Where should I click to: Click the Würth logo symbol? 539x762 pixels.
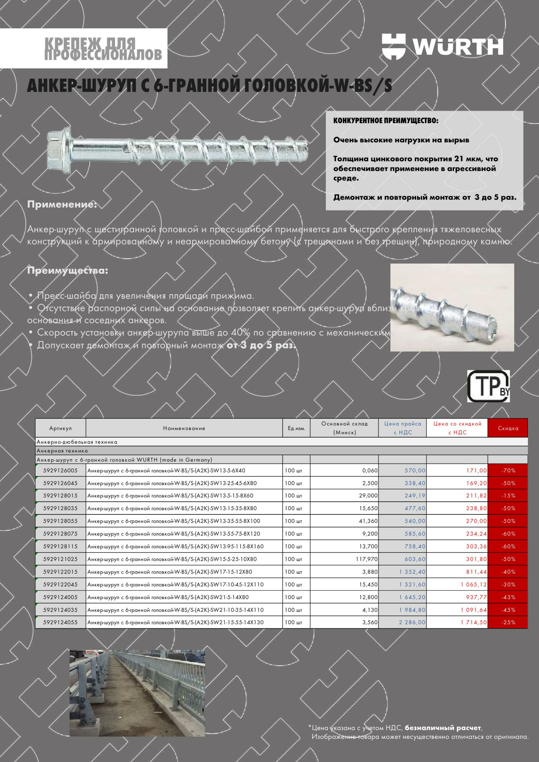point(394,47)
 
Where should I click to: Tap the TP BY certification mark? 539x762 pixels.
point(488,386)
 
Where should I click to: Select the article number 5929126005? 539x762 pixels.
point(61,470)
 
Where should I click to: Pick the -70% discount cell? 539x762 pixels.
point(508,470)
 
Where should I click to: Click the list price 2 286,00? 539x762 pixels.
point(412,622)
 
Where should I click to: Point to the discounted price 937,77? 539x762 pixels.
point(476,597)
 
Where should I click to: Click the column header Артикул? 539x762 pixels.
point(61,428)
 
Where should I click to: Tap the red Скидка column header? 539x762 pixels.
point(508,428)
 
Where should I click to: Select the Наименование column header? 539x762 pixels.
point(184,428)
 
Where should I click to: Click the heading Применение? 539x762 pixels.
point(62,204)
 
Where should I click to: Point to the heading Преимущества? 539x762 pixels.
point(67,271)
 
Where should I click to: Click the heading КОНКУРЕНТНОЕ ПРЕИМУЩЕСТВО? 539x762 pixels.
point(386,121)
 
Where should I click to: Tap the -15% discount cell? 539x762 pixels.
point(508,495)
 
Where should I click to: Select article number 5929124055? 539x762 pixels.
point(61,622)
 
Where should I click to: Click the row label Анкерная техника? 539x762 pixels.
point(62,451)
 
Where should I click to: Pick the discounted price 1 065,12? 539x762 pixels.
point(474,584)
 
